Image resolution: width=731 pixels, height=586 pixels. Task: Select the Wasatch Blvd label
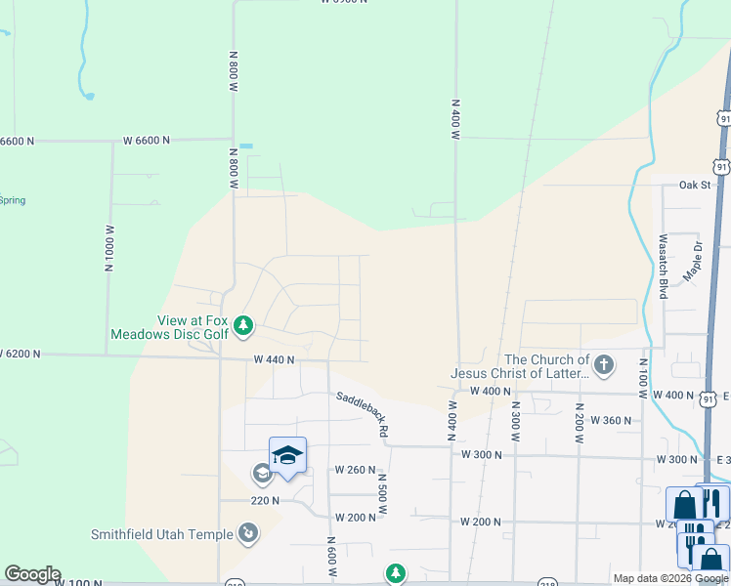(663, 267)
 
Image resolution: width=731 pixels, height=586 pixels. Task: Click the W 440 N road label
(275, 359)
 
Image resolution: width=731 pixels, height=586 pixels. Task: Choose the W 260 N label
(356, 469)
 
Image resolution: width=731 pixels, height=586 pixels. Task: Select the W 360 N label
(611, 420)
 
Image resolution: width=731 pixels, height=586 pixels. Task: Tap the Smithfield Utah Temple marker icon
(248, 533)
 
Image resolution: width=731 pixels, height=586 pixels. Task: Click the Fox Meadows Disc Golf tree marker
(244, 325)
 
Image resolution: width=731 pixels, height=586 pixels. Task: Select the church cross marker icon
(604, 365)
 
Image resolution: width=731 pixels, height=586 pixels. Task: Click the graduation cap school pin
(287, 455)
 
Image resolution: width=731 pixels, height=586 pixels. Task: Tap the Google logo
(32, 574)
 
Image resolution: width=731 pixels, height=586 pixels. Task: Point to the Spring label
(13, 200)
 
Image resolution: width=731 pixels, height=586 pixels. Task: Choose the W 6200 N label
(20, 353)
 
